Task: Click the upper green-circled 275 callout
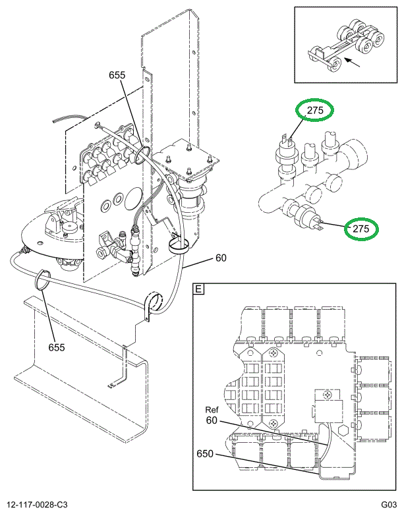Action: (x=315, y=111)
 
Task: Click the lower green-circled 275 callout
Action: (x=360, y=229)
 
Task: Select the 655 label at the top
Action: (x=117, y=75)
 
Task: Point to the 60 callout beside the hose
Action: (x=220, y=258)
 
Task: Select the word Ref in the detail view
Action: (x=212, y=409)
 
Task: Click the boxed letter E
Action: (x=198, y=289)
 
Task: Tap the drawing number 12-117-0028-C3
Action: (x=38, y=505)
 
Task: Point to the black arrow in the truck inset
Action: (x=357, y=63)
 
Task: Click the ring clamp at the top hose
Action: (x=140, y=155)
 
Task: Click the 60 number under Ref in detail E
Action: (x=212, y=420)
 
